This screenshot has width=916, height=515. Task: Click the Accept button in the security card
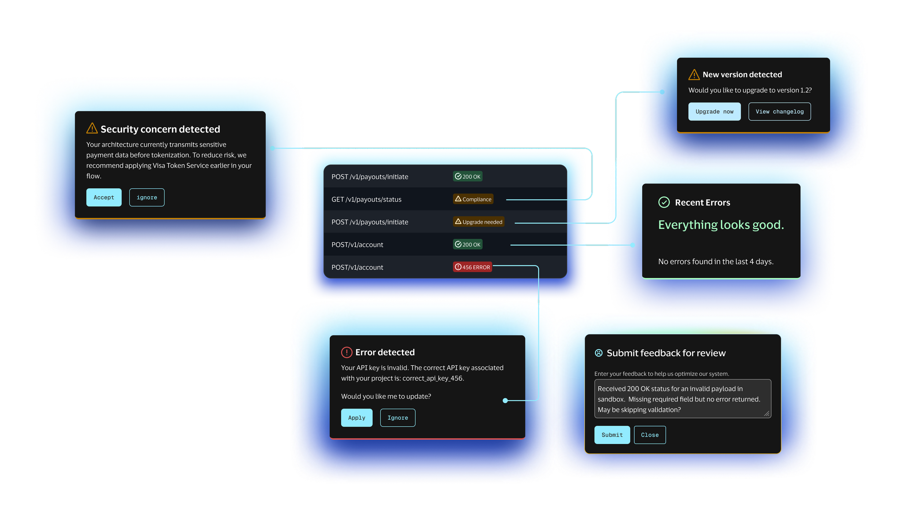pyautogui.click(x=104, y=197)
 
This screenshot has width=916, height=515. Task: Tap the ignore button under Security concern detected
pyautogui.click(x=147, y=197)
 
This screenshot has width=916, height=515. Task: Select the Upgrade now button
pyautogui.click(x=714, y=112)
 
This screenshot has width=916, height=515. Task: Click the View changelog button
pyautogui.click(x=779, y=112)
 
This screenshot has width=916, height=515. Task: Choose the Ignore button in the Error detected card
pyautogui.click(x=398, y=418)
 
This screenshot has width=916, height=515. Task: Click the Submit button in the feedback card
pyautogui.click(x=612, y=435)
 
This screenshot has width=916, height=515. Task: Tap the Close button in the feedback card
pyautogui.click(x=650, y=435)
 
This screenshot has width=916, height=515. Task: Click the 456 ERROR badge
pyautogui.click(x=472, y=267)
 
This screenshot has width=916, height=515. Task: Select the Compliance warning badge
pyautogui.click(x=473, y=199)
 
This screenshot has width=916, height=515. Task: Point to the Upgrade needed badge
pyautogui.click(x=479, y=222)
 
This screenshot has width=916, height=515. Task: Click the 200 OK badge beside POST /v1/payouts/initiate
pyautogui.click(x=468, y=177)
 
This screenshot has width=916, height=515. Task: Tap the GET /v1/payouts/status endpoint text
pyautogui.click(x=366, y=200)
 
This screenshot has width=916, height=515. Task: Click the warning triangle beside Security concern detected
pyautogui.click(x=92, y=128)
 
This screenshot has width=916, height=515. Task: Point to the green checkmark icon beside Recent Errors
pyautogui.click(x=664, y=202)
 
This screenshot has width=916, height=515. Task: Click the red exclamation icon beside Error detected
pyautogui.click(x=347, y=352)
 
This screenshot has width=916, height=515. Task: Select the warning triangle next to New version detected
pyautogui.click(x=694, y=75)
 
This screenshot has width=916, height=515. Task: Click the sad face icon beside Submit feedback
pyautogui.click(x=599, y=353)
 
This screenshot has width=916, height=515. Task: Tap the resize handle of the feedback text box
pyautogui.click(x=767, y=414)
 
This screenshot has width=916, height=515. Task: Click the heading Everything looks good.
pyautogui.click(x=721, y=225)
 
